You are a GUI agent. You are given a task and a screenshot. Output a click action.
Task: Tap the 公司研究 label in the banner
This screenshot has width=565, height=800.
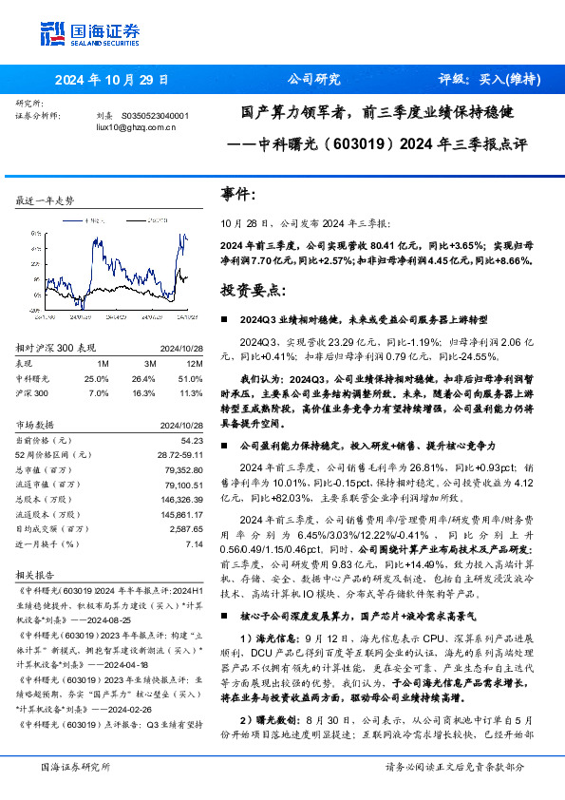click(x=313, y=80)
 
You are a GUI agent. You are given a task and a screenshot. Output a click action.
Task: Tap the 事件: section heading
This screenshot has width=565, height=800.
click(x=238, y=195)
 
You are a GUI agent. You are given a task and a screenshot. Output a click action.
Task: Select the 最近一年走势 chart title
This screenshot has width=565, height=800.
click(x=45, y=201)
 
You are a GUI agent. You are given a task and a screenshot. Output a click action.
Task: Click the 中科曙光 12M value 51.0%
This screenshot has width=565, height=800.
click(x=191, y=378)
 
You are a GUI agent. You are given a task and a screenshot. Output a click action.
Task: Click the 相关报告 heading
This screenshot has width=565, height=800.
click(x=39, y=576)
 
